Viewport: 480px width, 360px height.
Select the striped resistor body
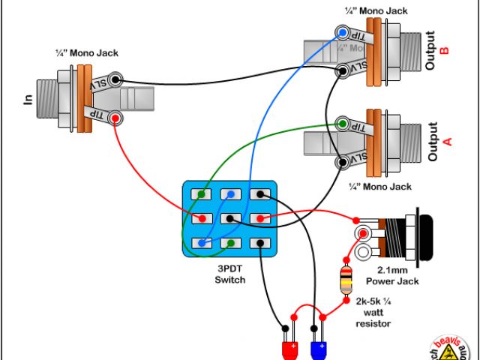tap(346, 280)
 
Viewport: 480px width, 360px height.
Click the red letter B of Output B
tap(444, 51)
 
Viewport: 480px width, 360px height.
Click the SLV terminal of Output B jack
tap(343, 70)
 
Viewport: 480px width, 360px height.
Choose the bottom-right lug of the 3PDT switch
tap(259, 243)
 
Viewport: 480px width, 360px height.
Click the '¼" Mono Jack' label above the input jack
tap(86, 53)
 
